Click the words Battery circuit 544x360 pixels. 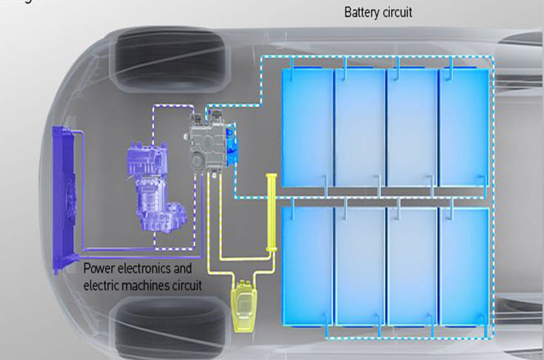pyautogui.click(x=378, y=13)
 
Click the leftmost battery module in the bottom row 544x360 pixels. pyautogui.click(x=306, y=265)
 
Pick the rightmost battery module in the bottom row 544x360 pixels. pyautogui.click(x=464, y=265)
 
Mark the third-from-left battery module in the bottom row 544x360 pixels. pyautogui.click(x=412, y=265)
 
